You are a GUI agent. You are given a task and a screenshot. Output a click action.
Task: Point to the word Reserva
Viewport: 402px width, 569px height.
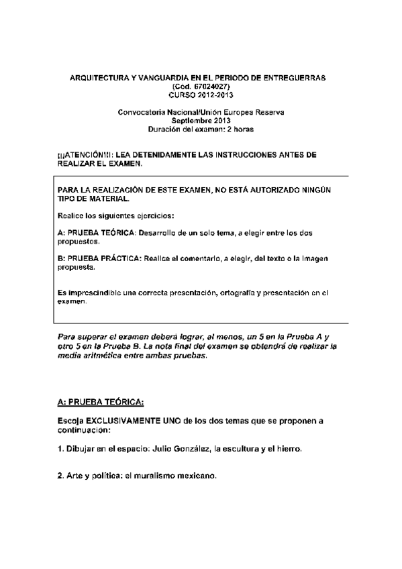pyautogui.click(x=267, y=111)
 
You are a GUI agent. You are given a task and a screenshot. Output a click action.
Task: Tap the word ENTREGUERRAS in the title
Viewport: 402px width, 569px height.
pyautogui.click(x=293, y=79)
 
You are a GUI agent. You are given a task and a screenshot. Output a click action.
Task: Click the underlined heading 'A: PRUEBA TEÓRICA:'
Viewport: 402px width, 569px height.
pyautogui.click(x=101, y=402)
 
